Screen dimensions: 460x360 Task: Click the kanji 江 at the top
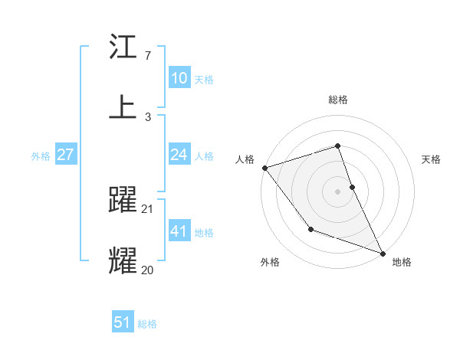(123, 48)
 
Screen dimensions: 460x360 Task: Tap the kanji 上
(123, 106)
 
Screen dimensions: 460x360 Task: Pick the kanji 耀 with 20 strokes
(123, 260)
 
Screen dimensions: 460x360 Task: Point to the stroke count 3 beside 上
(148, 116)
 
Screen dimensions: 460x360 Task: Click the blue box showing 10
(179, 78)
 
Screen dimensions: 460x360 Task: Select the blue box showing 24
(179, 155)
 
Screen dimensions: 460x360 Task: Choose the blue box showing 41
(179, 231)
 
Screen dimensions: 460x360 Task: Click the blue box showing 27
(65, 155)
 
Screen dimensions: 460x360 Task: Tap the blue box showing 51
(123, 322)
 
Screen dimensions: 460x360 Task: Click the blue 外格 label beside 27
(41, 156)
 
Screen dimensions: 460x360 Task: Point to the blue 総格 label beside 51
(147, 324)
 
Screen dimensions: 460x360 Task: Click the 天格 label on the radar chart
(431, 159)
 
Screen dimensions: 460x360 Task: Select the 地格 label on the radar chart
(402, 262)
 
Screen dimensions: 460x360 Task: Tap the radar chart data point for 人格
(264, 168)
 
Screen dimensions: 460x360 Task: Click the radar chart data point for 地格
(382, 253)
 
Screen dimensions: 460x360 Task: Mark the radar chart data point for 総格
(337, 146)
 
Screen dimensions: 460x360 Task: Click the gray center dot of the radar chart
(337, 191)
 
